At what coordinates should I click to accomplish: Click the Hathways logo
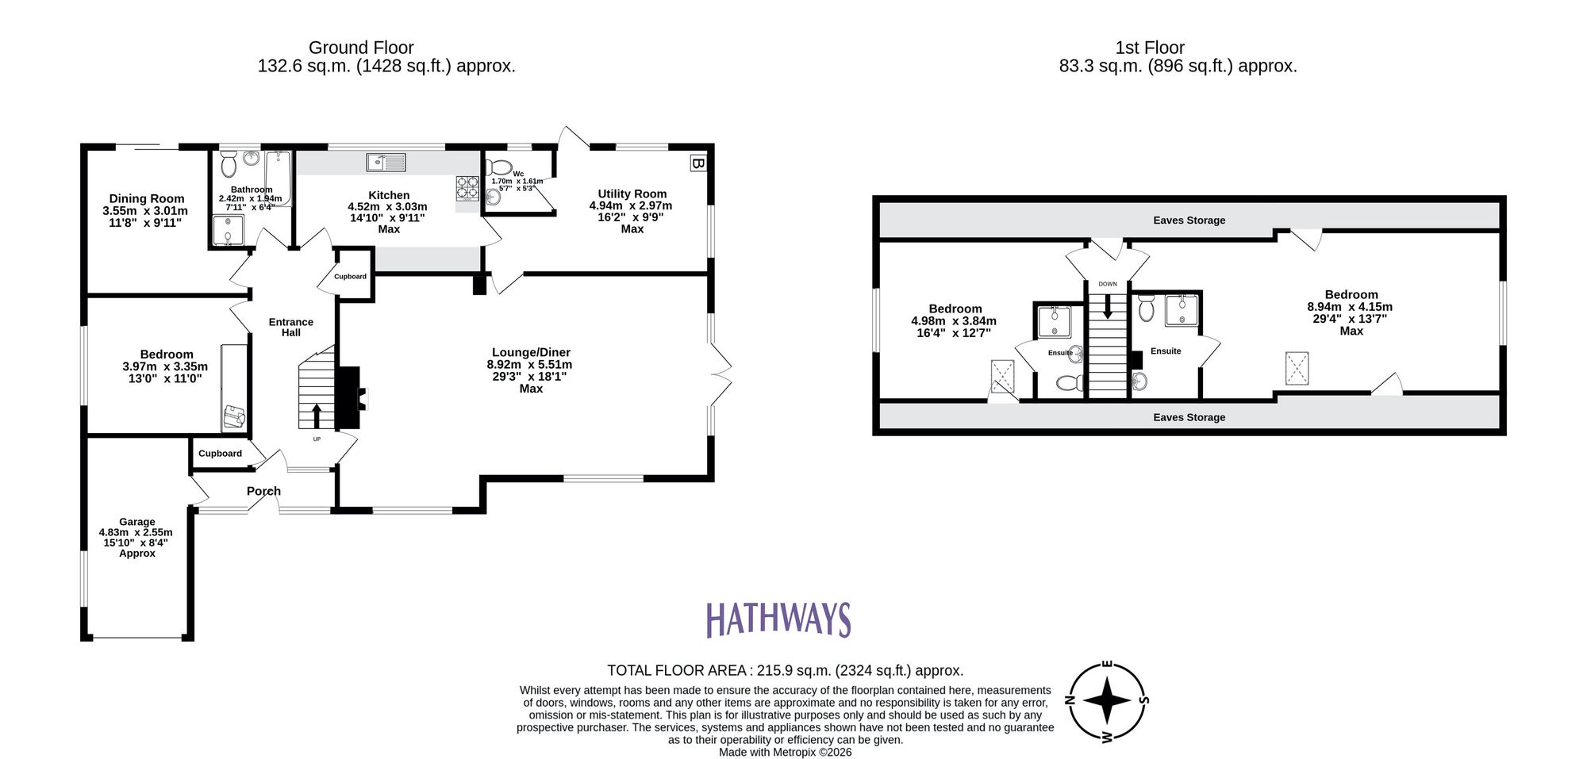point(778,620)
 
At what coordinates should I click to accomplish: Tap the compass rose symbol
point(1107,701)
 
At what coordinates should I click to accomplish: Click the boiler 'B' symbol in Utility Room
point(697,163)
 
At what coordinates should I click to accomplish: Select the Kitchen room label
point(389,195)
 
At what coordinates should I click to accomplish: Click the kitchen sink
point(386,163)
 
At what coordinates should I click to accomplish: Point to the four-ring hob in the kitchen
point(467,187)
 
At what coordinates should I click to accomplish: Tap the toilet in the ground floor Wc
point(499,167)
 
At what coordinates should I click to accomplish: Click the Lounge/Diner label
point(531,352)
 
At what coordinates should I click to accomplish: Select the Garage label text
point(137,522)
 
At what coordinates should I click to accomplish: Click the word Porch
point(263,491)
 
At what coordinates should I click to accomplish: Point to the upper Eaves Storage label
point(1189,220)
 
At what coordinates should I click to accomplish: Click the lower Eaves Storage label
point(1189,417)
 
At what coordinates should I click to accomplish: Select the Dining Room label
point(146,199)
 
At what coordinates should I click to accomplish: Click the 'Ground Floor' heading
point(361,48)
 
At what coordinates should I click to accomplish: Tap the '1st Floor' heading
point(1150,48)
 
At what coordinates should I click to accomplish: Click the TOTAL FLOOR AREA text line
point(785,670)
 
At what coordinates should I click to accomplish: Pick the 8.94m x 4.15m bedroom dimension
point(1350,307)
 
